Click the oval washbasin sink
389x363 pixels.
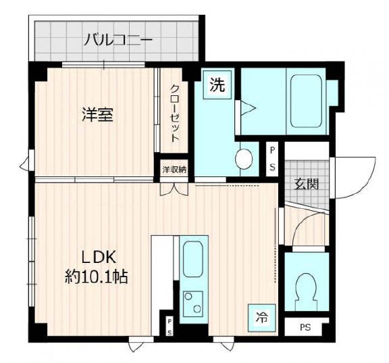(244, 159)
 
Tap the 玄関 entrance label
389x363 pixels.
(307, 183)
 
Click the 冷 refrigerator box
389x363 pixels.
(261, 316)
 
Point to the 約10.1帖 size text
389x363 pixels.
(97, 276)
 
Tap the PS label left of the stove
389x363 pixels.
(170, 327)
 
